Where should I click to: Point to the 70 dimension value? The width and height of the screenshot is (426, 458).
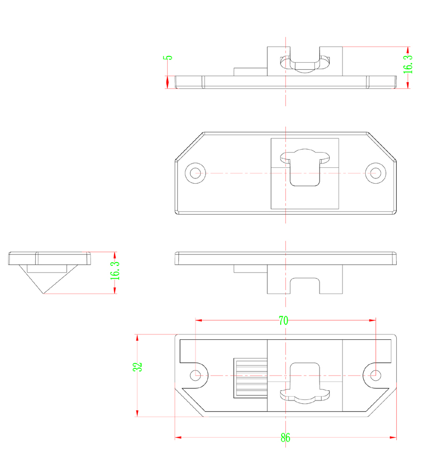(x=283, y=321)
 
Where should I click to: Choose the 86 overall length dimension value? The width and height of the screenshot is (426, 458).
(x=285, y=438)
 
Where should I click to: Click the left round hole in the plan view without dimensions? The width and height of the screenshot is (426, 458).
(x=195, y=173)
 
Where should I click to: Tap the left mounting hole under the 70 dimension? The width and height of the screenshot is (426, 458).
(x=196, y=375)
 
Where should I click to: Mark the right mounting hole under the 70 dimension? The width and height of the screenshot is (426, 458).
(x=376, y=374)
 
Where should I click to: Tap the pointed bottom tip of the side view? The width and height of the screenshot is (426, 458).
(x=44, y=293)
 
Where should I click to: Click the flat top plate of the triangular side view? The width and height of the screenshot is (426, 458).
(x=49, y=258)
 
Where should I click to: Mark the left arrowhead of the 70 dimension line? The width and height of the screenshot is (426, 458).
(x=198, y=321)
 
